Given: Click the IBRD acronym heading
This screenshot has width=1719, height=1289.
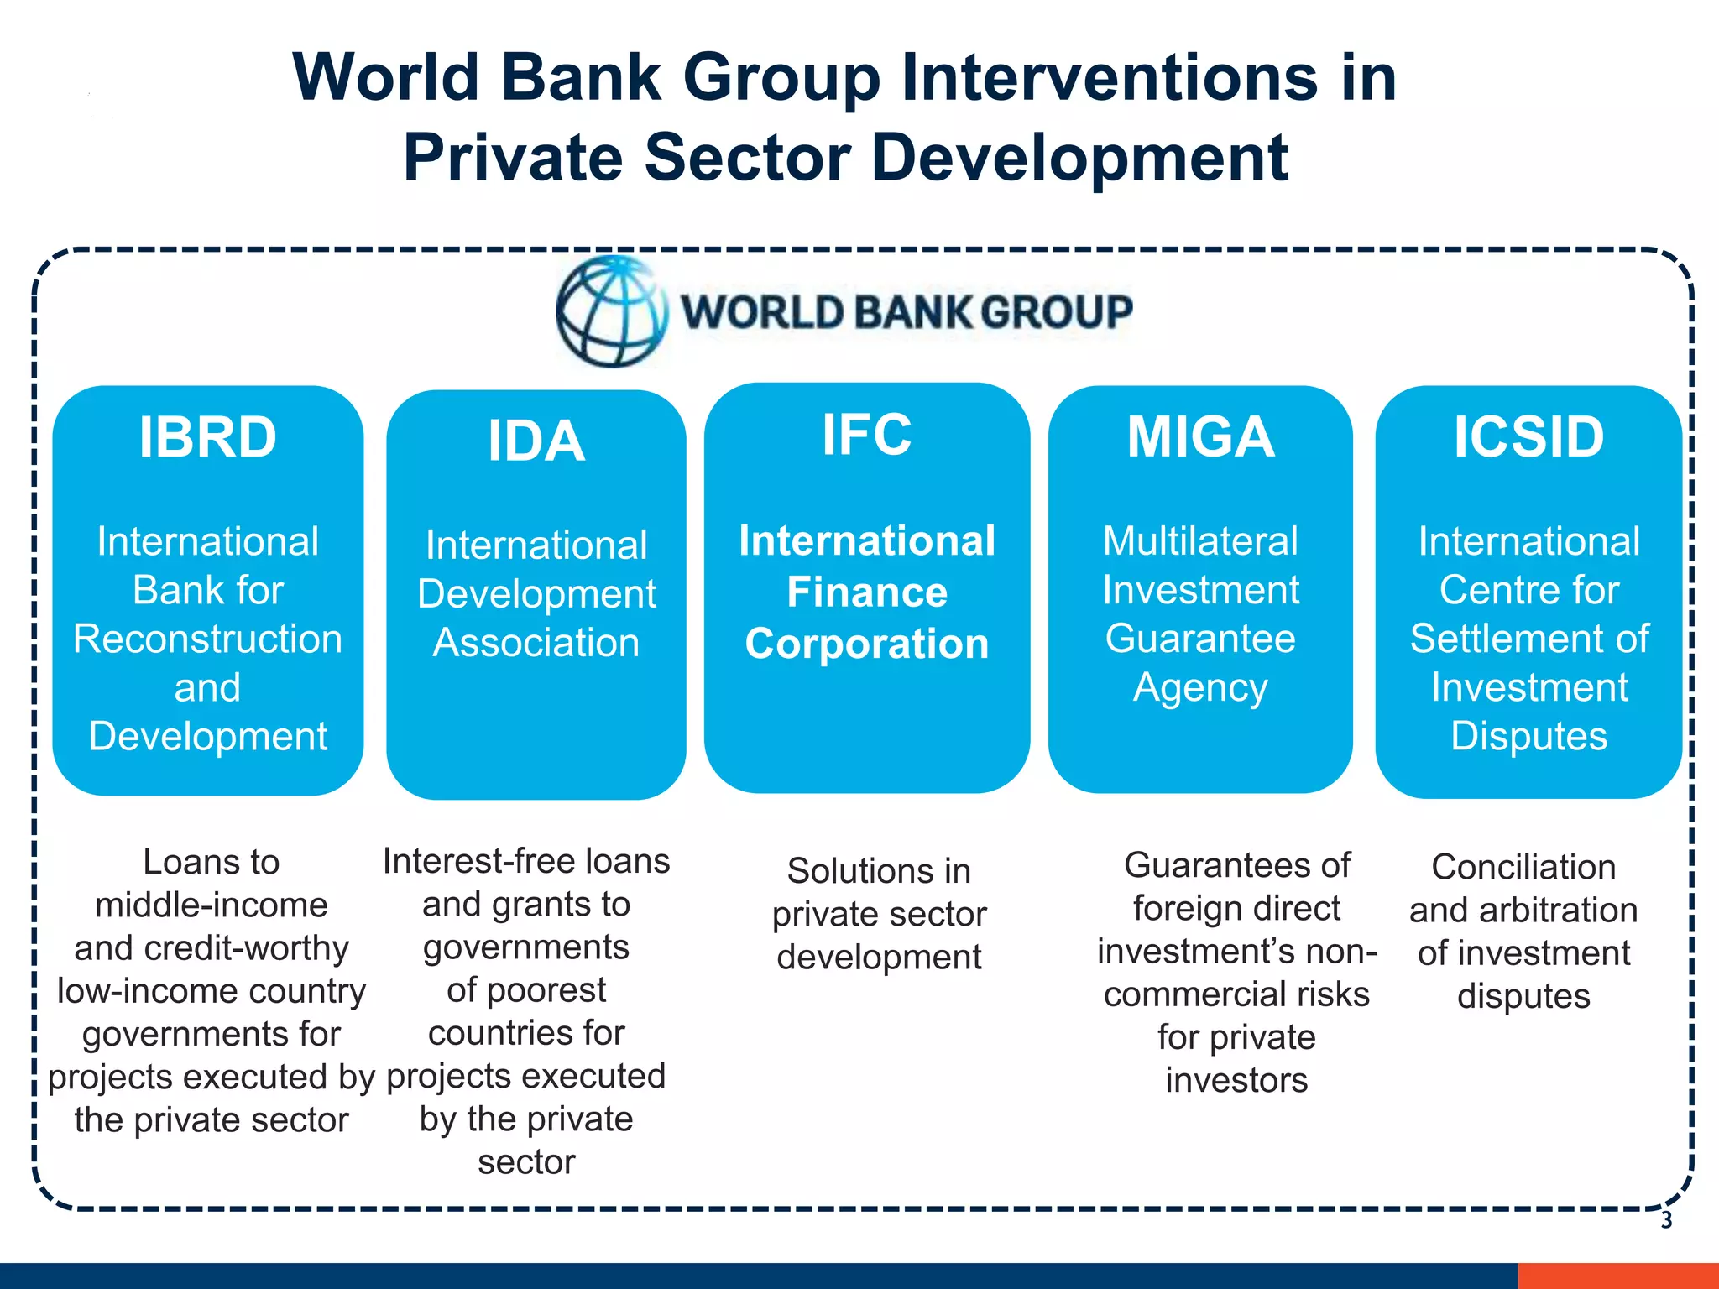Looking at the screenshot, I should (x=207, y=437).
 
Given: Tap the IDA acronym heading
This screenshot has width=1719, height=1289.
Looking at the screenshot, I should (x=536, y=441).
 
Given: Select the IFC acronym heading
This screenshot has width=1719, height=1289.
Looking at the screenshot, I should (x=866, y=435).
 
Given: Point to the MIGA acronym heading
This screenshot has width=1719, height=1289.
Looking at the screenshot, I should (x=1200, y=437).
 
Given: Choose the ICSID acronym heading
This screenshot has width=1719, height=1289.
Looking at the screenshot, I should (x=1528, y=437).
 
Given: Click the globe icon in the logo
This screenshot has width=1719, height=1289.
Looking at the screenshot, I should (x=612, y=312).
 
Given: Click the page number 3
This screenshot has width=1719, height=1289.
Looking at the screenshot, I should (x=1666, y=1221).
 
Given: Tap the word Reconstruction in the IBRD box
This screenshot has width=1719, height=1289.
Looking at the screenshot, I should (x=207, y=639).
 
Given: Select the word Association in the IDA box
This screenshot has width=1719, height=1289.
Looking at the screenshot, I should (x=536, y=643).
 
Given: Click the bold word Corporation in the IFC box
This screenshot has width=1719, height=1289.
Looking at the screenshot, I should (x=867, y=644).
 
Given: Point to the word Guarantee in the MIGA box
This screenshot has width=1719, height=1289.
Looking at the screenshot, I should (x=1200, y=639).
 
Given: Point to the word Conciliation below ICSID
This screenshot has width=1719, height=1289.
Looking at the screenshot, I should (x=1523, y=867).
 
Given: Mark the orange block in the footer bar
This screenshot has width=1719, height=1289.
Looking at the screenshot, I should (x=1617, y=1276).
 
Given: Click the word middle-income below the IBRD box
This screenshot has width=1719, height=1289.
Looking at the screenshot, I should (x=211, y=905).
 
